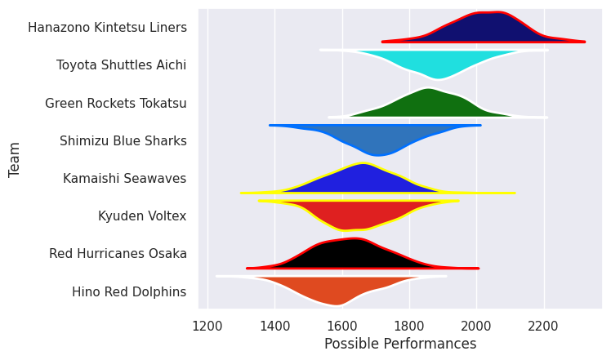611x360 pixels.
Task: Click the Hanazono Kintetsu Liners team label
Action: pos(107,28)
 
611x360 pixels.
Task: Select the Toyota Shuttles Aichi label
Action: pos(121,65)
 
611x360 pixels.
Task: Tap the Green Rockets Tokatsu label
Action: pos(115,103)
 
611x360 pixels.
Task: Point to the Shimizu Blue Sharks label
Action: pos(123,141)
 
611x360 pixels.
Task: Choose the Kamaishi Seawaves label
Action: pos(124,179)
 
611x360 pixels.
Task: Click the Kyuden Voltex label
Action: pos(142,216)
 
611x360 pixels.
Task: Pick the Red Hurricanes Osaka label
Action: pos(118,254)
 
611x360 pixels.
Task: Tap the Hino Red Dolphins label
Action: pos(129,291)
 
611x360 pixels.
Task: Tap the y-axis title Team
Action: pos(15,159)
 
